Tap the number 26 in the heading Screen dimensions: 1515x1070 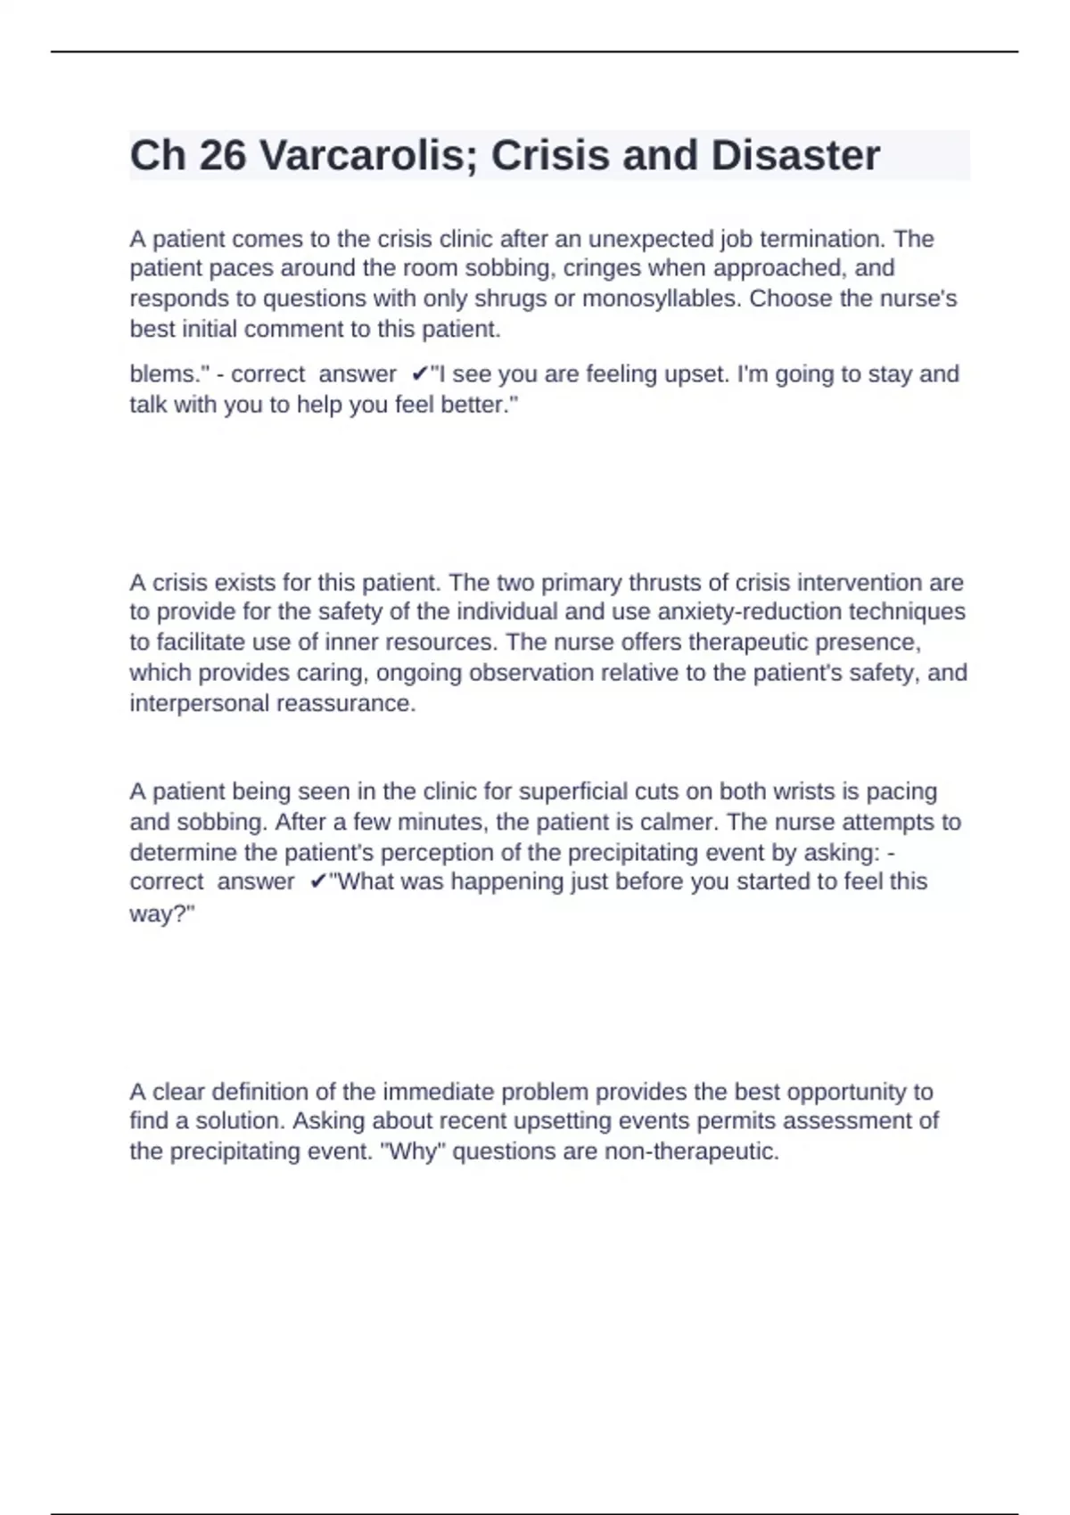click(x=222, y=156)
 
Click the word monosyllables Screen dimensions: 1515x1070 click(x=659, y=299)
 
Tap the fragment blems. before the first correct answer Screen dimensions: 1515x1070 click(x=169, y=374)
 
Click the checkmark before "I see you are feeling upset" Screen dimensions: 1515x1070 click(x=419, y=374)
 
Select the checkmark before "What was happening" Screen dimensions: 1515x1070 click(x=317, y=882)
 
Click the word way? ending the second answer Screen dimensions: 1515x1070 click(x=161, y=914)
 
